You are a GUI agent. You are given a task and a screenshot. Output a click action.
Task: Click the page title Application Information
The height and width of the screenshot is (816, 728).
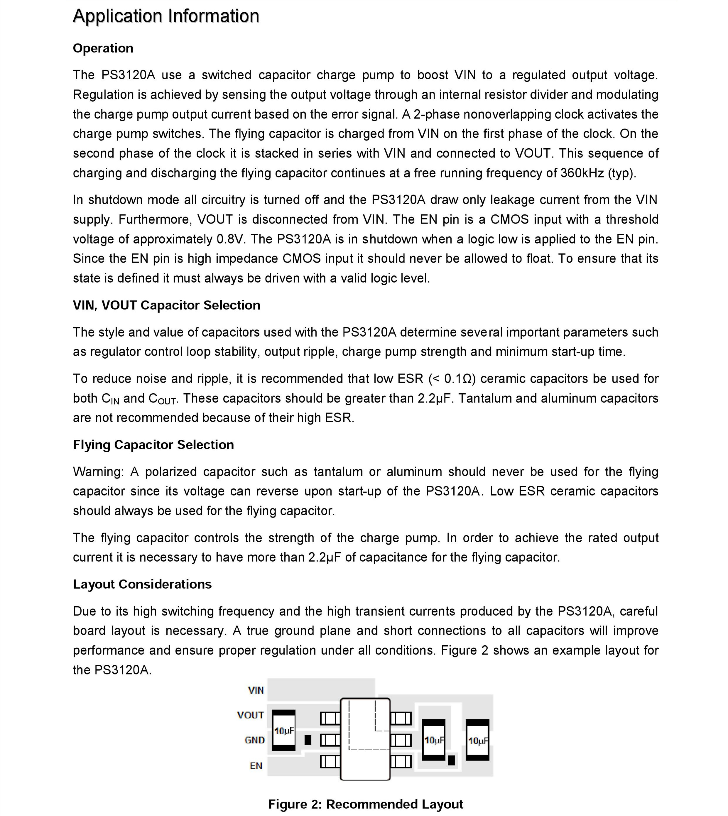click(x=166, y=16)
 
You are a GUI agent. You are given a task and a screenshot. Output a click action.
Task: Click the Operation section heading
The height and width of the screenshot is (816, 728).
click(x=103, y=48)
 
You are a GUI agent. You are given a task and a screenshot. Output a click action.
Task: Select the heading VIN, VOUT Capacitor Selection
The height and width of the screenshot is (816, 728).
click(x=166, y=305)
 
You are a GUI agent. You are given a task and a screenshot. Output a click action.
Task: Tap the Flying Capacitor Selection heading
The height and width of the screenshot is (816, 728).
click(x=153, y=444)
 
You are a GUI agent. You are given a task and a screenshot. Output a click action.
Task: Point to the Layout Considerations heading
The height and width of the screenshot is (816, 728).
click(x=142, y=584)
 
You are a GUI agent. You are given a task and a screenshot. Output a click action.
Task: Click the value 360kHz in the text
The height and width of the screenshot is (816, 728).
click(x=582, y=173)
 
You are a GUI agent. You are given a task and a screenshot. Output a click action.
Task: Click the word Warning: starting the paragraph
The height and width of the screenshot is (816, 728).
click(x=98, y=472)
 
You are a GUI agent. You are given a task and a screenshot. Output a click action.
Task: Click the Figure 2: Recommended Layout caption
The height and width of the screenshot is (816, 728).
click(x=366, y=804)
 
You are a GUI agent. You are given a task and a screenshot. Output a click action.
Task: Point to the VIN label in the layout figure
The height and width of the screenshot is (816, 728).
click(x=256, y=690)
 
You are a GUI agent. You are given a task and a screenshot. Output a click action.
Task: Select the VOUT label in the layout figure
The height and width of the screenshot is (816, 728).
click(x=250, y=715)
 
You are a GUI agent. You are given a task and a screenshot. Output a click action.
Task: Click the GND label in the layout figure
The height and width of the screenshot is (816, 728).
click(x=255, y=740)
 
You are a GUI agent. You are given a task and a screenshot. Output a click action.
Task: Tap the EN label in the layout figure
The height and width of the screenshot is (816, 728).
click(x=256, y=765)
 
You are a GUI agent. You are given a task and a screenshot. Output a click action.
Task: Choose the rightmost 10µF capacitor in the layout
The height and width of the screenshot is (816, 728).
click(x=478, y=740)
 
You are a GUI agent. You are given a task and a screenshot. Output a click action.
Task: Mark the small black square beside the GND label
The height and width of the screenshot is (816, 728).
click(x=308, y=740)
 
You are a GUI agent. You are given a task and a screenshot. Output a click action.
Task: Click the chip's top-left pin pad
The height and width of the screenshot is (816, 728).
click(x=330, y=719)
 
